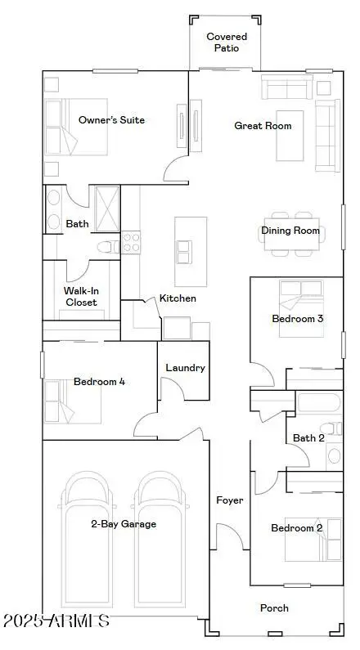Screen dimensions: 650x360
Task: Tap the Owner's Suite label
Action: [x=111, y=120]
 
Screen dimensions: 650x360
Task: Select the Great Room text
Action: [x=263, y=126]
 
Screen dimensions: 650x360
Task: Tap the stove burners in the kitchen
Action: [x=131, y=242]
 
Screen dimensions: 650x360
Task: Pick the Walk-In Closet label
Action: [x=81, y=296]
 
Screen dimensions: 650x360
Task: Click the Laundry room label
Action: [x=185, y=368]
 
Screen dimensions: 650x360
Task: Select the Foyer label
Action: [x=229, y=500]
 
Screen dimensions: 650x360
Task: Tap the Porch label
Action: [x=274, y=607]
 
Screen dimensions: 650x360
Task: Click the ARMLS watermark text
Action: [x=56, y=621]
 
